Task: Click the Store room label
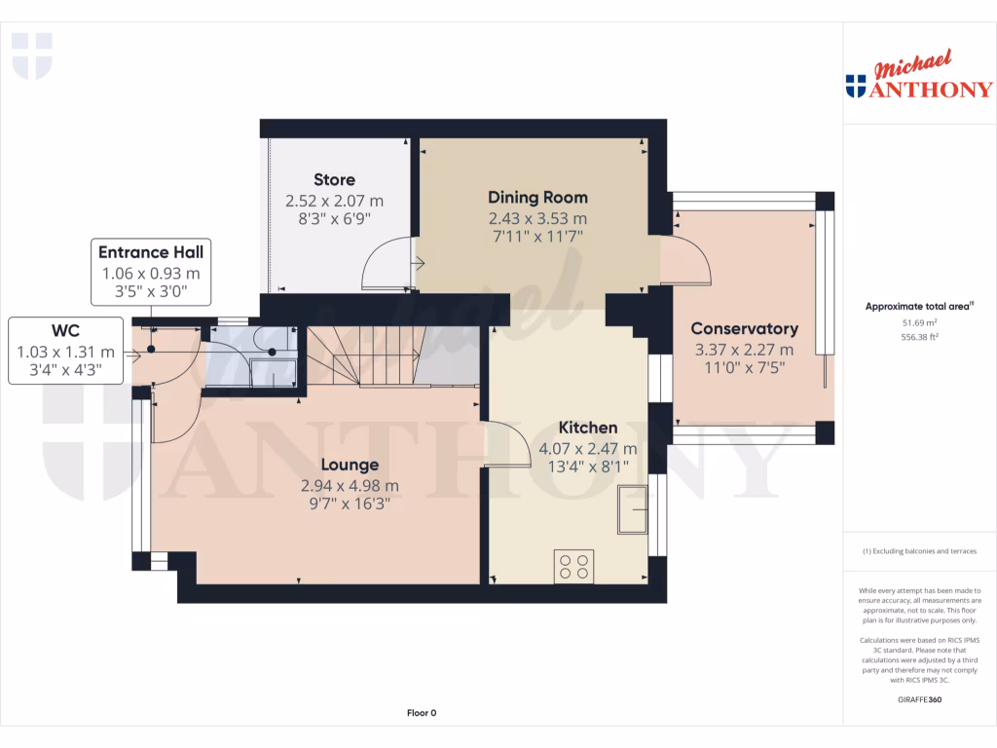coord(334,179)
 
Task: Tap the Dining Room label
coord(537,197)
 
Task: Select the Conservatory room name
coord(744,328)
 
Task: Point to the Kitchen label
coord(587,428)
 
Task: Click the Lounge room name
coord(350,465)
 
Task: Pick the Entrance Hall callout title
coord(151,252)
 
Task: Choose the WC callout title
coord(65,330)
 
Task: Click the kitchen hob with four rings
coord(573,566)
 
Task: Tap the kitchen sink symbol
coord(632,509)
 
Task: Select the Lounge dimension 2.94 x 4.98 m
coord(350,485)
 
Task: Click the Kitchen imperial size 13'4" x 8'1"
coord(587,468)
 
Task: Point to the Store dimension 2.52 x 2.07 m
coord(334,201)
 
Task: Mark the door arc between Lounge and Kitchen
coord(508,443)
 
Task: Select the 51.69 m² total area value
coord(919,322)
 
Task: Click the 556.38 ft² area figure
coord(919,337)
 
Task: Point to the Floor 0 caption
coord(421,713)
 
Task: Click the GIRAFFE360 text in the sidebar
coord(919,699)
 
